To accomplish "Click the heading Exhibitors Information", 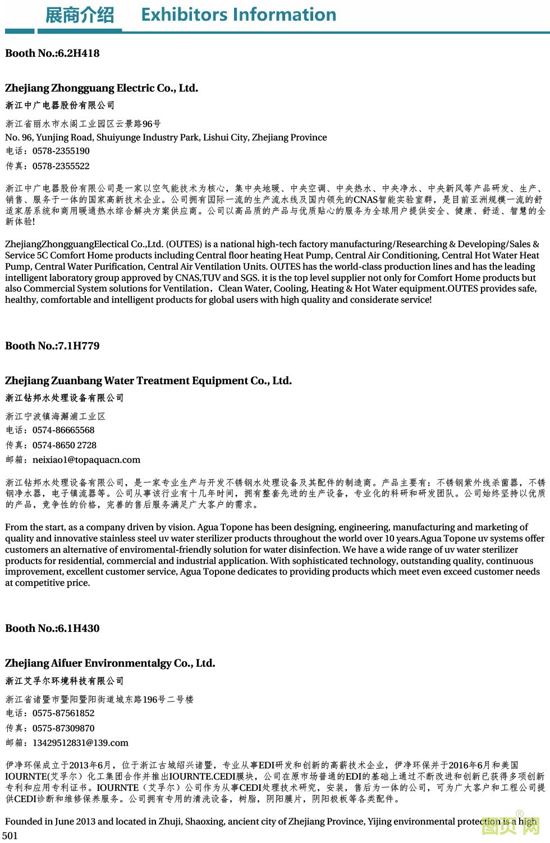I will [239, 15].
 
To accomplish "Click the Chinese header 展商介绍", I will [79, 15].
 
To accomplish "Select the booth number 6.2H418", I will [52, 53].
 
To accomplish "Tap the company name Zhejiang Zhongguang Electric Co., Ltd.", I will [102, 88].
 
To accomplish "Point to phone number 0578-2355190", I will [61, 151].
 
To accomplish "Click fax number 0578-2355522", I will [61, 166].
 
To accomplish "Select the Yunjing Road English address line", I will [166, 138].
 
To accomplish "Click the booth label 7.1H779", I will [52, 346].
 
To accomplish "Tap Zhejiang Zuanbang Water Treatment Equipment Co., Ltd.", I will [148, 381].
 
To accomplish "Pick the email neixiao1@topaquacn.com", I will [86, 460].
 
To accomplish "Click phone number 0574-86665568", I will [63, 430].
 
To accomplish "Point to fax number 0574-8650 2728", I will [65, 445].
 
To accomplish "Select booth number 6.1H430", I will [52, 628].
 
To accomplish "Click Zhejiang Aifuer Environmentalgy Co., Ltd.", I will [110, 663].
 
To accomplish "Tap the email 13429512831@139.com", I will [80, 743].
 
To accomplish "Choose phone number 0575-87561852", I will [63, 713].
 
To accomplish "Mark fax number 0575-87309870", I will [63, 728].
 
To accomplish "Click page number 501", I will [10, 836].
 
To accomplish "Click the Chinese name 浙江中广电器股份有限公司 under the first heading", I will [60, 106].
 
